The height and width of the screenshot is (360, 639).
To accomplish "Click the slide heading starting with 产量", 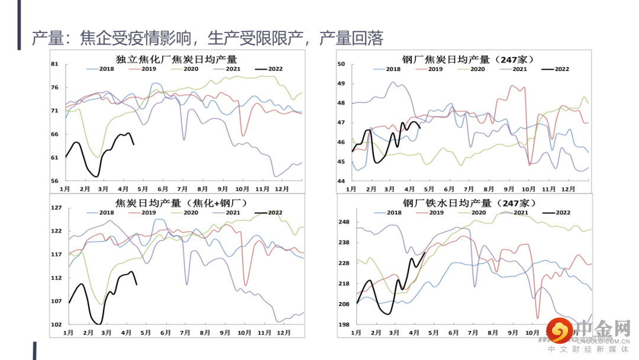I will click(207, 38).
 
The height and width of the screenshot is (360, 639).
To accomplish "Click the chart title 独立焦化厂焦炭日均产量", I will click(176, 59).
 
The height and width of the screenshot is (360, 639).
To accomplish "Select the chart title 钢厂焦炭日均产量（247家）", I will click(468, 59).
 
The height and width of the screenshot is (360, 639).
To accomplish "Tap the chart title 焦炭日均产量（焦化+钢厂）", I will click(180, 203).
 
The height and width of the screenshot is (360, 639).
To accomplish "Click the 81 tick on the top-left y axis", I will click(55, 64).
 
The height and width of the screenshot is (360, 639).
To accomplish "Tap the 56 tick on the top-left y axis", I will click(55, 181).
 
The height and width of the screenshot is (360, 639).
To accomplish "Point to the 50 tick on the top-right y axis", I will click(341, 64).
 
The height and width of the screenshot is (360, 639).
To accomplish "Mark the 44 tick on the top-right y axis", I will click(341, 181).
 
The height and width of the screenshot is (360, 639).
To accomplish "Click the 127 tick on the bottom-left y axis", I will click(57, 208).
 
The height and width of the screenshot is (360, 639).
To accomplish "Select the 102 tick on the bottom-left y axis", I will click(57, 324).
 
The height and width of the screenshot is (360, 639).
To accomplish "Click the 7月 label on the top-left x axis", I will click(183, 189).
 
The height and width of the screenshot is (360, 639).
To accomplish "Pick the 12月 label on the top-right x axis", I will click(568, 189).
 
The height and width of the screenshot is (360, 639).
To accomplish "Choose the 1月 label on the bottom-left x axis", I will click(69, 333).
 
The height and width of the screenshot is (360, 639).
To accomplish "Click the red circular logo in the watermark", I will click(557, 330).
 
